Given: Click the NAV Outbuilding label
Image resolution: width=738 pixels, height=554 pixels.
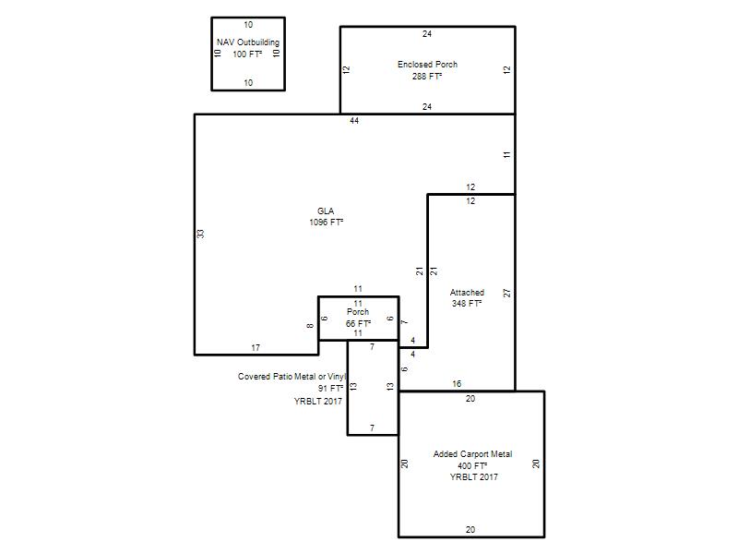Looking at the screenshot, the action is click(248, 42).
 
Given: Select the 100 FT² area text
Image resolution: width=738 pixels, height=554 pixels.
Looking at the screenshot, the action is click(247, 54).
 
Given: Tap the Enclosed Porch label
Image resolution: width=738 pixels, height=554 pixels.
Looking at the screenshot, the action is click(427, 64).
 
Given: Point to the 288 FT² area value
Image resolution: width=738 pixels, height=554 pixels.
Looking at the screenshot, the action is click(427, 76).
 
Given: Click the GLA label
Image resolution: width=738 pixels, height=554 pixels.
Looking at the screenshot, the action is click(326, 211).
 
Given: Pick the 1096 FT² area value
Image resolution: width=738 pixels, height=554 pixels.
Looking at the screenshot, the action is click(327, 223).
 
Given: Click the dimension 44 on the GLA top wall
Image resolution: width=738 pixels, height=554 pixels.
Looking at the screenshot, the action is click(354, 121).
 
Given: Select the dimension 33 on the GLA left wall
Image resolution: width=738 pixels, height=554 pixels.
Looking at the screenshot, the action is click(201, 234).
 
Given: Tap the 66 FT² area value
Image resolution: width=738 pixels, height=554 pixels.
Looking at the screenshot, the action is click(358, 324).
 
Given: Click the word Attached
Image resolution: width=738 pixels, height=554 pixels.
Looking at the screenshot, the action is click(467, 292).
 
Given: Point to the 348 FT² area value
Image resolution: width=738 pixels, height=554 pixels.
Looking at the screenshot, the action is click(467, 304).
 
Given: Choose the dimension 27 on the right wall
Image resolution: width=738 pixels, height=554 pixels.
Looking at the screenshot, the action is click(506, 293).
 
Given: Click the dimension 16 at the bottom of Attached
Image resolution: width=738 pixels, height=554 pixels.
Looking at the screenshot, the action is click(457, 384).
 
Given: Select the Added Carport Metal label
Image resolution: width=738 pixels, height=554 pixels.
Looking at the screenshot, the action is click(472, 454).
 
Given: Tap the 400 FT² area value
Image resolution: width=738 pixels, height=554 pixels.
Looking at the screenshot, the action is click(472, 465).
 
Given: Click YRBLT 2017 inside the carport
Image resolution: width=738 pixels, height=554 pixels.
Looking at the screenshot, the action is click(473, 476).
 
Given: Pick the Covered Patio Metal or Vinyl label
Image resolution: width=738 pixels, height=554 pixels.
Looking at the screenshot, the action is click(292, 377).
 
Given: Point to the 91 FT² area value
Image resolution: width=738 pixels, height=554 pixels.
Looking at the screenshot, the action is click(331, 388).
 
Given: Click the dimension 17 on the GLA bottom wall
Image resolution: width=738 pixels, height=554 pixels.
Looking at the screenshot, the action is click(256, 348).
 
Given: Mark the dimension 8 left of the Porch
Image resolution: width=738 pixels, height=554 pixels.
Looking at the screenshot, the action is click(310, 326).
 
